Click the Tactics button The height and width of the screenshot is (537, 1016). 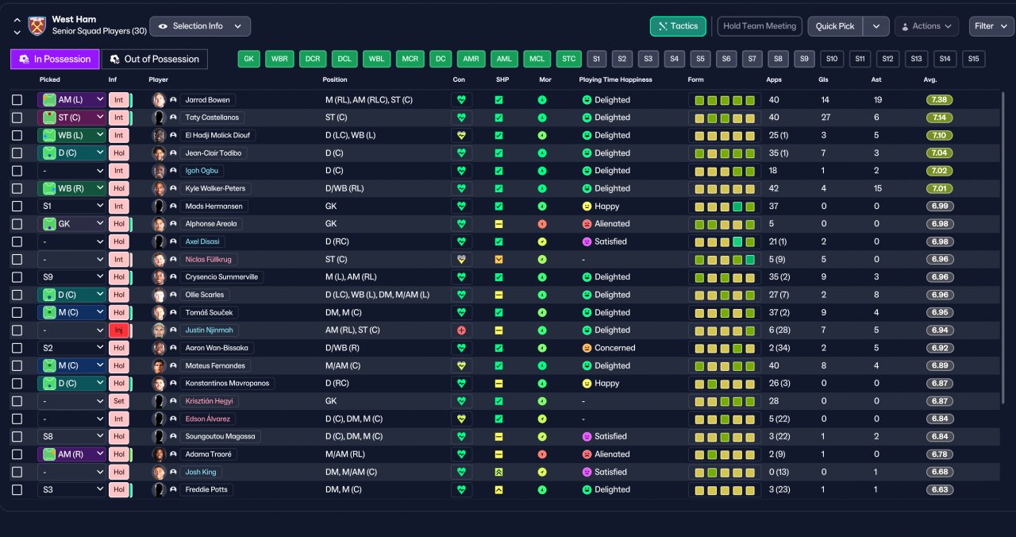click(678, 26)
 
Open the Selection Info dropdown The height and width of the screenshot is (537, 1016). click(200, 26)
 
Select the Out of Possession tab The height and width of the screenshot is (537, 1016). click(155, 59)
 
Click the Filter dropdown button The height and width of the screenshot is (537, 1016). click(991, 26)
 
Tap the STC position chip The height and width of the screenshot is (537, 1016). click(569, 59)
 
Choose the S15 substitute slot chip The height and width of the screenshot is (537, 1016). click(973, 59)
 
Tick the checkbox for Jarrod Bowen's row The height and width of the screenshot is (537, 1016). click(17, 100)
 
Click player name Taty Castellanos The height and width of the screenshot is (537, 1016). click(212, 118)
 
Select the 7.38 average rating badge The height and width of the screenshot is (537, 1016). click(939, 100)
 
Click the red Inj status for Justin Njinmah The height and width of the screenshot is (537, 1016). click(119, 330)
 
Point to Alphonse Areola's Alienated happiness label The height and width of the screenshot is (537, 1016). click(612, 224)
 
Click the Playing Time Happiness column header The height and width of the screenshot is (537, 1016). click(615, 79)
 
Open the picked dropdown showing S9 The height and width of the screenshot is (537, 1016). click(72, 277)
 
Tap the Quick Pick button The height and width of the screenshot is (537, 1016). click(834, 26)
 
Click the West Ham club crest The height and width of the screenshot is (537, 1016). click(37, 26)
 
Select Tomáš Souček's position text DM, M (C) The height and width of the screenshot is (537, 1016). click(344, 313)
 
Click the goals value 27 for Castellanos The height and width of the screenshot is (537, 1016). click(825, 118)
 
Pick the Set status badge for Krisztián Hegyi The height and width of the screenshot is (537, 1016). click(119, 401)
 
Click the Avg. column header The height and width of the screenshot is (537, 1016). click(929, 79)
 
